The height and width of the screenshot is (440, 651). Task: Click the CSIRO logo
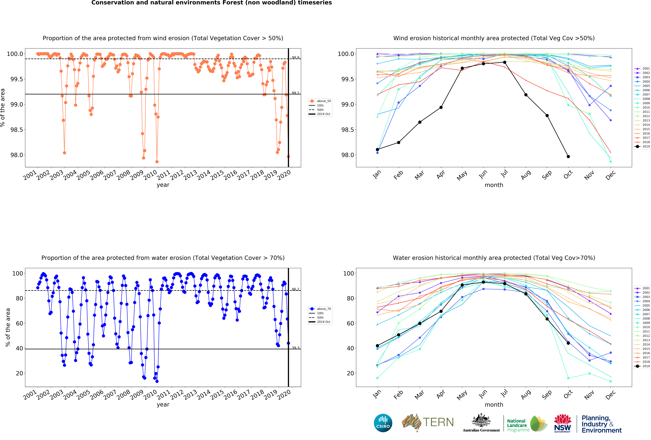tap(383, 423)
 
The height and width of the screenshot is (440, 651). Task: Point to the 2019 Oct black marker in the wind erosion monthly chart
tap(568, 157)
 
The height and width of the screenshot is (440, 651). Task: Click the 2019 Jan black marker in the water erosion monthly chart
tap(377, 346)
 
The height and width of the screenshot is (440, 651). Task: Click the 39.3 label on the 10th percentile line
tap(296, 348)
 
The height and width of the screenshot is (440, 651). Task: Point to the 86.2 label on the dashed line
tap(296, 289)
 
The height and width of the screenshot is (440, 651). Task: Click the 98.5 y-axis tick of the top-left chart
tap(17, 130)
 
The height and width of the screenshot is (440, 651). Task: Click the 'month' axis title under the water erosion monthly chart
tap(494, 405)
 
